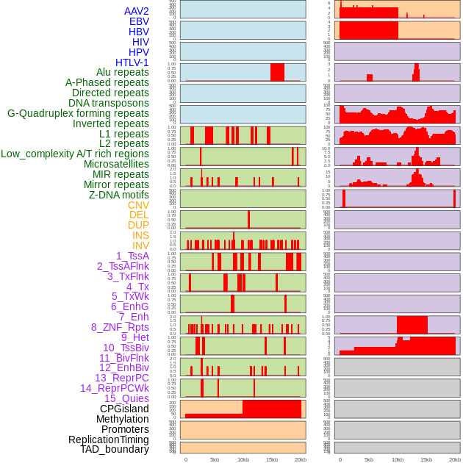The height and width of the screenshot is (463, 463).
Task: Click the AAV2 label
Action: click(137, 12)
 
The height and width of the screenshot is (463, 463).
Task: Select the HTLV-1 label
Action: click(132, 62)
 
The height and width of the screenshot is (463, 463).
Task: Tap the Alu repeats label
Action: click(123, 73)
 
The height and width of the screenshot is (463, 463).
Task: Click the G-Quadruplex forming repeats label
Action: click(78, 113)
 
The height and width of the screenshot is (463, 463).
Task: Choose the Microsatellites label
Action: click(116, 164)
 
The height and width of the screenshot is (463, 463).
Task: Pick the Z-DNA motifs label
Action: click(119, 195)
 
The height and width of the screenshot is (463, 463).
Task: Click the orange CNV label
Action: click(138, 205)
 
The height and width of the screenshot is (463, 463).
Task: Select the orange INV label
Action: click(140, 245)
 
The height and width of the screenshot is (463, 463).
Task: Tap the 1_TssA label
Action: click(132, 256)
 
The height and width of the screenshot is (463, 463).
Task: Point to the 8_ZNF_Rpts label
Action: click(120, 327)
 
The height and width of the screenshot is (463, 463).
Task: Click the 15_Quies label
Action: click(126, 398)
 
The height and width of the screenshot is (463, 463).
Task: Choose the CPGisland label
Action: click(124, 409)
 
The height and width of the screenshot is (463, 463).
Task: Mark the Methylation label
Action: click(122, 419)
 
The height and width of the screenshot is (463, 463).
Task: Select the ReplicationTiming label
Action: click(109, 439)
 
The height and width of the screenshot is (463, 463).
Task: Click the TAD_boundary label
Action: click(115, 449)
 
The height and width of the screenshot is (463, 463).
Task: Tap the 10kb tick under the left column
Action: click(243, 459)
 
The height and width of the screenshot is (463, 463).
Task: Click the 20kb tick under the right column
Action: click(455, 459)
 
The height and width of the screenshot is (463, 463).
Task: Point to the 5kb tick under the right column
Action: click(369, 459)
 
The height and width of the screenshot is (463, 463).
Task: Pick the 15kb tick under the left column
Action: click(272, 459)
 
